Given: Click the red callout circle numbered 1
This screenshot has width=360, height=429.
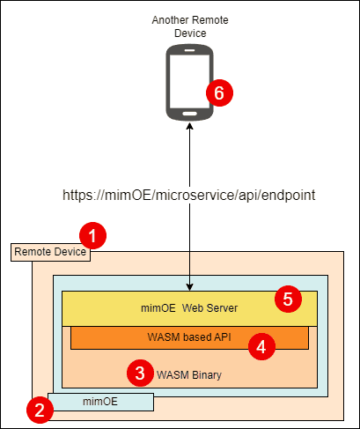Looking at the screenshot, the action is (92, 236).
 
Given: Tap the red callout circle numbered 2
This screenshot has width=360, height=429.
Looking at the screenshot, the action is (40, 410).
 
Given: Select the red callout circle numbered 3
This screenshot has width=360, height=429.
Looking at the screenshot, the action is (140, 373).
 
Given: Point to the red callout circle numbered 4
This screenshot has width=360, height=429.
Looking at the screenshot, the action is (261, 347).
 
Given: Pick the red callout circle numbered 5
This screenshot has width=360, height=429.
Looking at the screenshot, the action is (288, 299).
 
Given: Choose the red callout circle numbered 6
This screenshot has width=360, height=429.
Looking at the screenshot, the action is (219, 92).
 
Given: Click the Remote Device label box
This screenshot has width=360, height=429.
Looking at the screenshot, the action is (50, 252).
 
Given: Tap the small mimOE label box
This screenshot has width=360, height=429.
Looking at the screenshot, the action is (100, 402).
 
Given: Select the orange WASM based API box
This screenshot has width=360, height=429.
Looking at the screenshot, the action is (189, 337).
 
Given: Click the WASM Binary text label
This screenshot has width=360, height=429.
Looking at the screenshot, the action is (189, 375).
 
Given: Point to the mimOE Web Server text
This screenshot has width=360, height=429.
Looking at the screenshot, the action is (189, 308).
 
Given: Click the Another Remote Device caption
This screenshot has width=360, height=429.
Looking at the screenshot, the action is (190, 26).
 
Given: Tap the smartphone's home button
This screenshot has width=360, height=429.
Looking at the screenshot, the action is (190, 114).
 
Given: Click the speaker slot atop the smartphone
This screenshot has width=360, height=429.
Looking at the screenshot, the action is (190, 50).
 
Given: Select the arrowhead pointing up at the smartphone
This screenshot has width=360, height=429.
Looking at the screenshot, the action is (190, 126).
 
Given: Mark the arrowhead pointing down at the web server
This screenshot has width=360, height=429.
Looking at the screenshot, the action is (190, 287).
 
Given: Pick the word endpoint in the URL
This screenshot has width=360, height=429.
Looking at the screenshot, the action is (288, 196).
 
